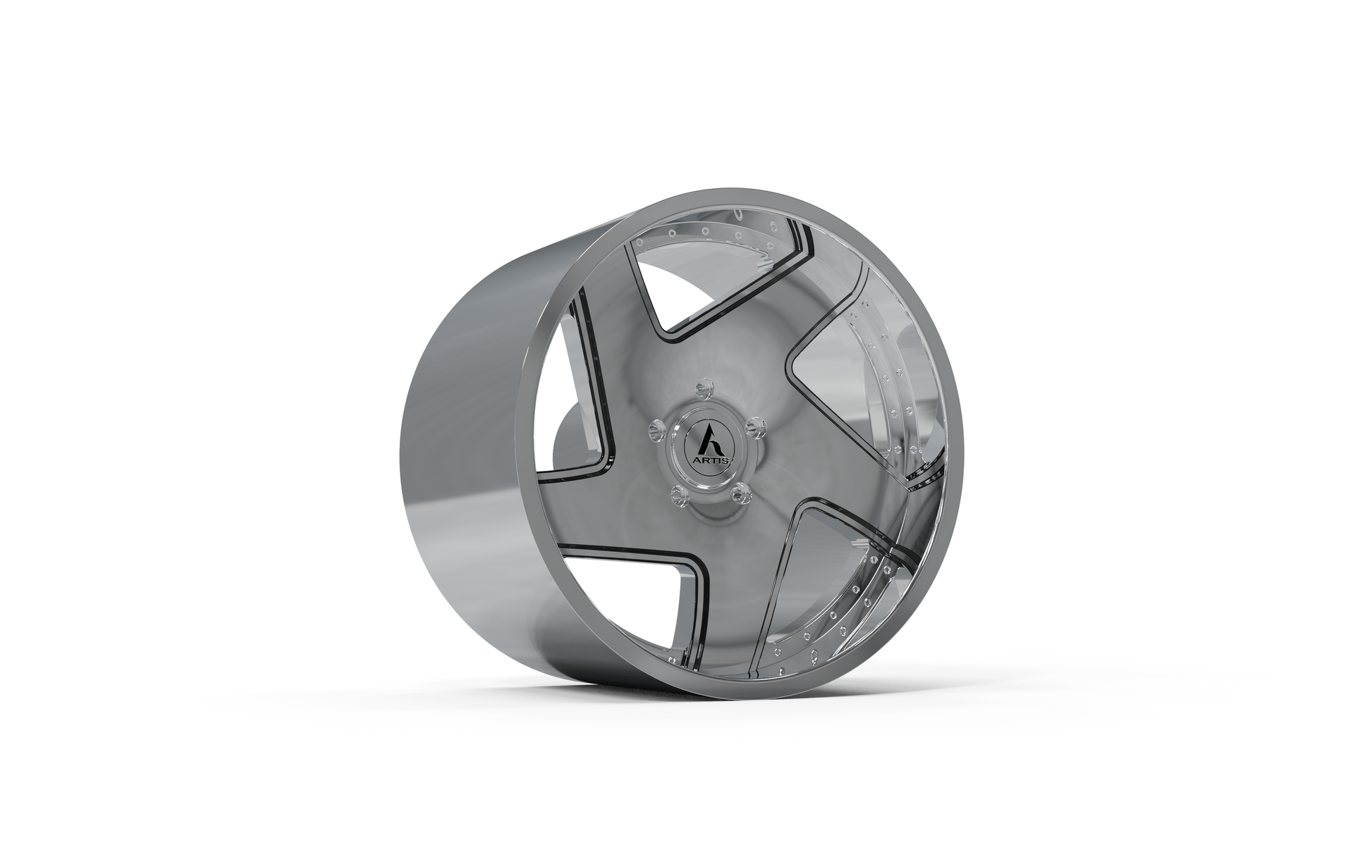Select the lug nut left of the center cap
pos(656,428)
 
